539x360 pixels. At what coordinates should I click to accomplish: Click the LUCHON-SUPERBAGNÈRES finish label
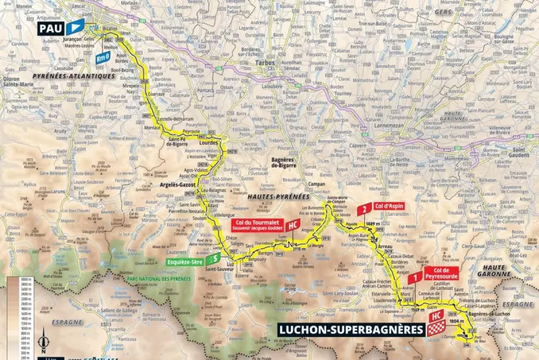(350, 330)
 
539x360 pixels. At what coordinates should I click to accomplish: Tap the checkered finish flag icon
(434, 329)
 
